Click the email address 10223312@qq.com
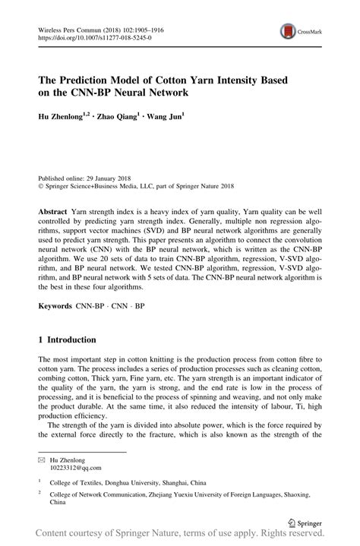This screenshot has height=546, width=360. [72, 469]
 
